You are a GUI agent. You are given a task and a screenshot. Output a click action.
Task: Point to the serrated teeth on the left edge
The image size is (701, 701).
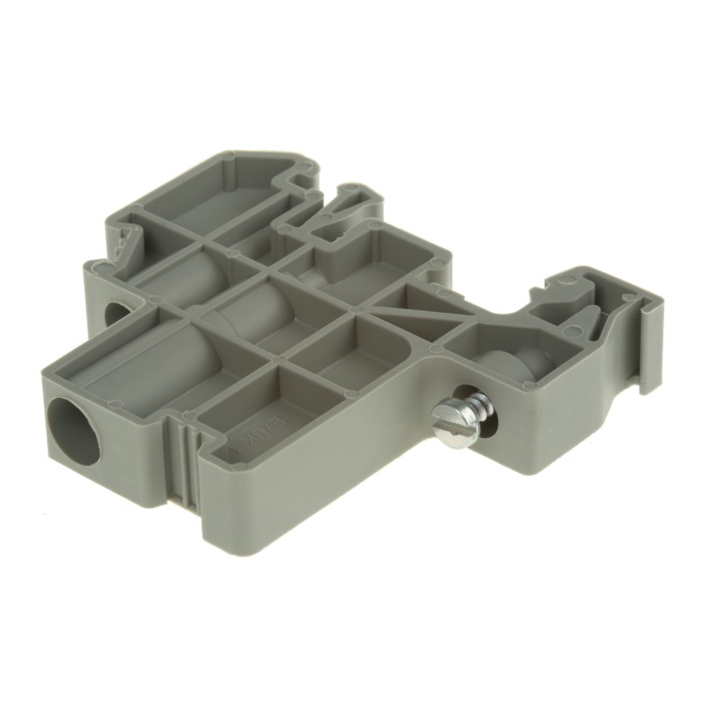point(124,241)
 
